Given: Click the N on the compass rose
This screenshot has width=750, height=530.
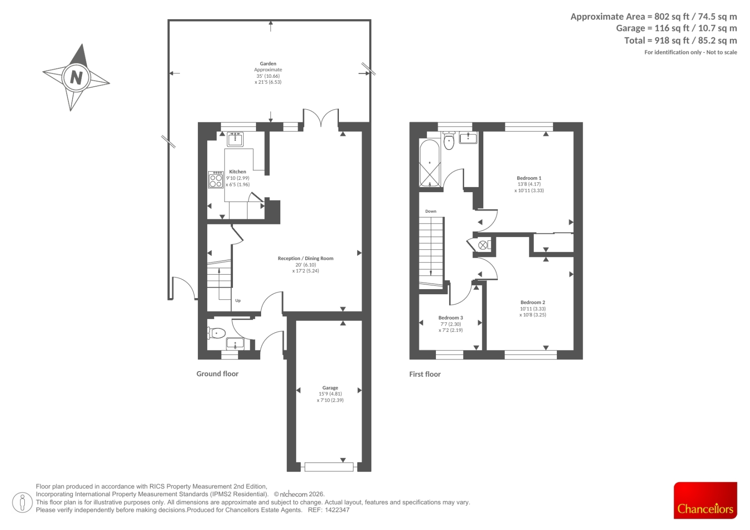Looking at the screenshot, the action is [76, 78].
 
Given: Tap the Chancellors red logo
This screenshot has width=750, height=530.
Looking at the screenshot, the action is [705, 500].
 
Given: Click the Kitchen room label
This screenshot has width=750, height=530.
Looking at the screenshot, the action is [237, 172].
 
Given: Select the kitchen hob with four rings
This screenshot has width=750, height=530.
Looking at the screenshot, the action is [216, 180].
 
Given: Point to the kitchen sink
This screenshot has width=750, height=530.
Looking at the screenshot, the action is [235, 139].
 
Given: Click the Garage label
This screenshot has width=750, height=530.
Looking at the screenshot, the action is [330, 388].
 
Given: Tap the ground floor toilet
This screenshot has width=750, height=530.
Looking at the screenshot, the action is [216, 333].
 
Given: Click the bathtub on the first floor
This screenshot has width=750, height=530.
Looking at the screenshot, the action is [430, 163].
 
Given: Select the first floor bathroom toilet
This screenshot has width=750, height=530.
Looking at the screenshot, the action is [449, 140].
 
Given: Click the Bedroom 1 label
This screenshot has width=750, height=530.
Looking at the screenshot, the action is [529, 178].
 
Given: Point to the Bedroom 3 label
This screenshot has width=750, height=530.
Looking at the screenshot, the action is [450, 318].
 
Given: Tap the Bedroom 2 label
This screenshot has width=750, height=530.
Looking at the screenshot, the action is [532, 302].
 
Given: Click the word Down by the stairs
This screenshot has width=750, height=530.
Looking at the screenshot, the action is [431, 211].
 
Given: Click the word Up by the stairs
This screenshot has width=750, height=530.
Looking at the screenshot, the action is [238, 300].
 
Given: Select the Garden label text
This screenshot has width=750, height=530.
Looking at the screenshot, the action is [268, 64].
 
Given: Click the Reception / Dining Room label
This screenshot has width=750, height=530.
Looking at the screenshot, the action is [306, 259].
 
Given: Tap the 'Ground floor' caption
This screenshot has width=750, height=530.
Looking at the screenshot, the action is [217, 373].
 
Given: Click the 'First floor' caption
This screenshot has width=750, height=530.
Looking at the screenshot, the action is [425, 374].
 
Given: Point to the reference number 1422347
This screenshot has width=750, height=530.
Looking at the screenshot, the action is [337, 510].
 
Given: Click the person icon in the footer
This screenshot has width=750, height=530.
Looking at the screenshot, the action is [22, 502].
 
